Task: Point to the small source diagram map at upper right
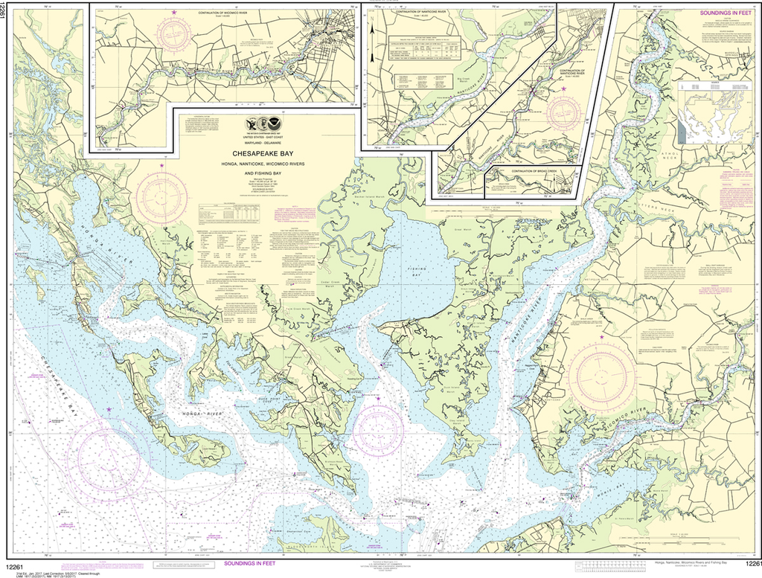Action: pos(714,112)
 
